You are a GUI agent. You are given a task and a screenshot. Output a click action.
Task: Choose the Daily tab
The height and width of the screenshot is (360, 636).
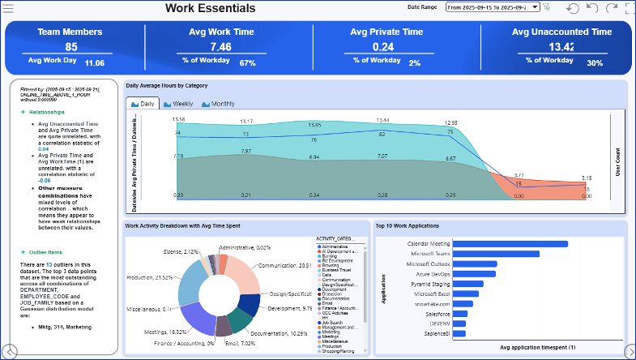[x=143, y=104]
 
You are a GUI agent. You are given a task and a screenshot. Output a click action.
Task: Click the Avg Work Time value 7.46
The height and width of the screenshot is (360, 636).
[x=220, y=47]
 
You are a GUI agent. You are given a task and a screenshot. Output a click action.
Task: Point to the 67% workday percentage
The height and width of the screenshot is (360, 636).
[x=247, y=63]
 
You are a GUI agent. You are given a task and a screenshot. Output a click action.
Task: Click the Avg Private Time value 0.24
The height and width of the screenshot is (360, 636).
[x=383, y=47]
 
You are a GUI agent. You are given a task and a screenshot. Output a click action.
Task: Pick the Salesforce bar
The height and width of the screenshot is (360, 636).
[x=460, y=314]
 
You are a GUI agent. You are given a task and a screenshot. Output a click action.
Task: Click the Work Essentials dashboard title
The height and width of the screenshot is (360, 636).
[x=210, y=9]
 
